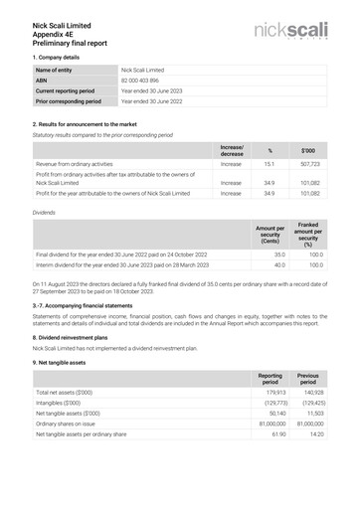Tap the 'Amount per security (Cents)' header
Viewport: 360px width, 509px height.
[270, 235]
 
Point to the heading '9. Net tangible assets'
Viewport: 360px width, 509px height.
[63, 361]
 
